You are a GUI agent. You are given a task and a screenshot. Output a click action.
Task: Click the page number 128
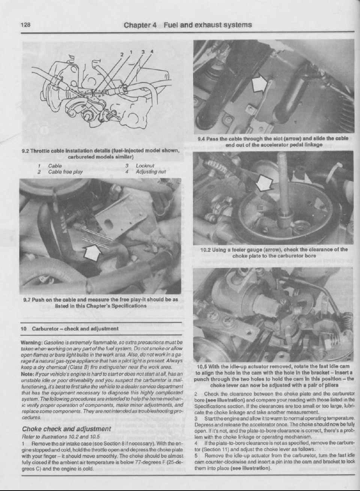pos(25,25)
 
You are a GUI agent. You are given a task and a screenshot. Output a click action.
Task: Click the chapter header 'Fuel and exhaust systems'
pos(207,25)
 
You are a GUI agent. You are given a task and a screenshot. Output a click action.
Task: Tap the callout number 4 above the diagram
pos(151,51)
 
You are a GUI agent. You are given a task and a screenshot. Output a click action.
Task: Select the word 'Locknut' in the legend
pos(145,166)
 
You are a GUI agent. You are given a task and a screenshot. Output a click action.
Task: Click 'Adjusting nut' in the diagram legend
pos(151,172)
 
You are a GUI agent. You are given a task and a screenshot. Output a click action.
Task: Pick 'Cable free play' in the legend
pos(66,172)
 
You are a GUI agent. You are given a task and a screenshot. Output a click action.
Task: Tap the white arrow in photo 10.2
pos(267,184)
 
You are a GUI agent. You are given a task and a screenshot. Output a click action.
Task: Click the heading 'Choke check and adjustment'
pos(67,429)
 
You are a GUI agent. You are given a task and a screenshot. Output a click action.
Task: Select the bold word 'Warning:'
pos(31,343)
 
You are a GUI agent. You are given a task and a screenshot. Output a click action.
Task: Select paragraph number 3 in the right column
pos(196,418)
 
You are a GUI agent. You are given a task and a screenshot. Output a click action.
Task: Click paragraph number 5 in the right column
pos(196,455)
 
